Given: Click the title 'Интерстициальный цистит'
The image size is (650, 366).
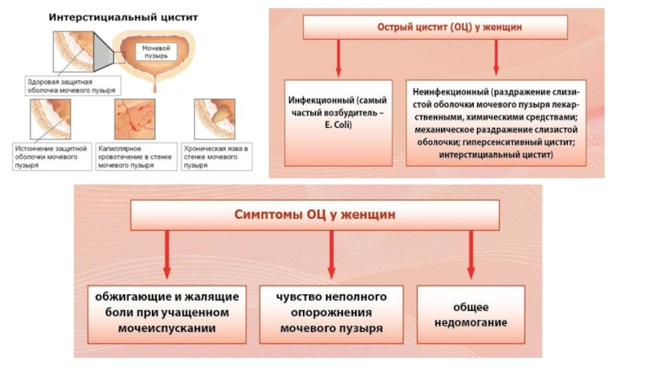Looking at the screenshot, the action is pos(123,17).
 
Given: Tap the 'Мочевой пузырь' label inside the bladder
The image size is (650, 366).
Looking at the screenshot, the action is pos(156,52).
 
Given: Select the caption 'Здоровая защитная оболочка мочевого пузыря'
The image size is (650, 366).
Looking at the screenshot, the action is pos(73,86).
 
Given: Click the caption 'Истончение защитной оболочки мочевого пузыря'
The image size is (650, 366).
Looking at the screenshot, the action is pos(52,156).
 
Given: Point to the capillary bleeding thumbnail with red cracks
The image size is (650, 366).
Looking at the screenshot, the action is pos(135,119).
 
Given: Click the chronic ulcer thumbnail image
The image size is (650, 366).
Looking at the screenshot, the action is pos(214,119).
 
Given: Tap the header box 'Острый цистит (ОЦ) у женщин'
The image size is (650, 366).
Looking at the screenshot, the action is pos(435,28).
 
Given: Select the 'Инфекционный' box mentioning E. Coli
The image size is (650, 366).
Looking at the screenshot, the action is pos(338,123).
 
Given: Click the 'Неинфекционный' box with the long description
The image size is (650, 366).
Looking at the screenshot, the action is pos(496,123).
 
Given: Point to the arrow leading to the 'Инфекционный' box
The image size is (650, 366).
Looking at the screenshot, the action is pos(338,58).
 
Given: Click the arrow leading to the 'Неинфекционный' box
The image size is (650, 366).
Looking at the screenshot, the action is pos(496,58).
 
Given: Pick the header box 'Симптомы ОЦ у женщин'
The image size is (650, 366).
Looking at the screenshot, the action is pos(315,215).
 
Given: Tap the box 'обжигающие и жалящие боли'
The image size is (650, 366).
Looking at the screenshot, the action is pos(167,314).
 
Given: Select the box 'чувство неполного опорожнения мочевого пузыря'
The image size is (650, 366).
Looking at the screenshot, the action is pos(331,314).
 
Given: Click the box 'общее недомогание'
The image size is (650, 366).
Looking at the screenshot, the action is pos(471,314).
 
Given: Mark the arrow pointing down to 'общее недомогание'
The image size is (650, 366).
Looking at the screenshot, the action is pos(471,255).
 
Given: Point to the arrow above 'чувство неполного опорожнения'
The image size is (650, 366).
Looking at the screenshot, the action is pos(331,255).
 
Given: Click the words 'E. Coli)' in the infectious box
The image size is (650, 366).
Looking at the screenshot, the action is pos(338,125).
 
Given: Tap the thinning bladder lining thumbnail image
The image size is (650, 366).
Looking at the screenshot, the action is pos(50,119).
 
